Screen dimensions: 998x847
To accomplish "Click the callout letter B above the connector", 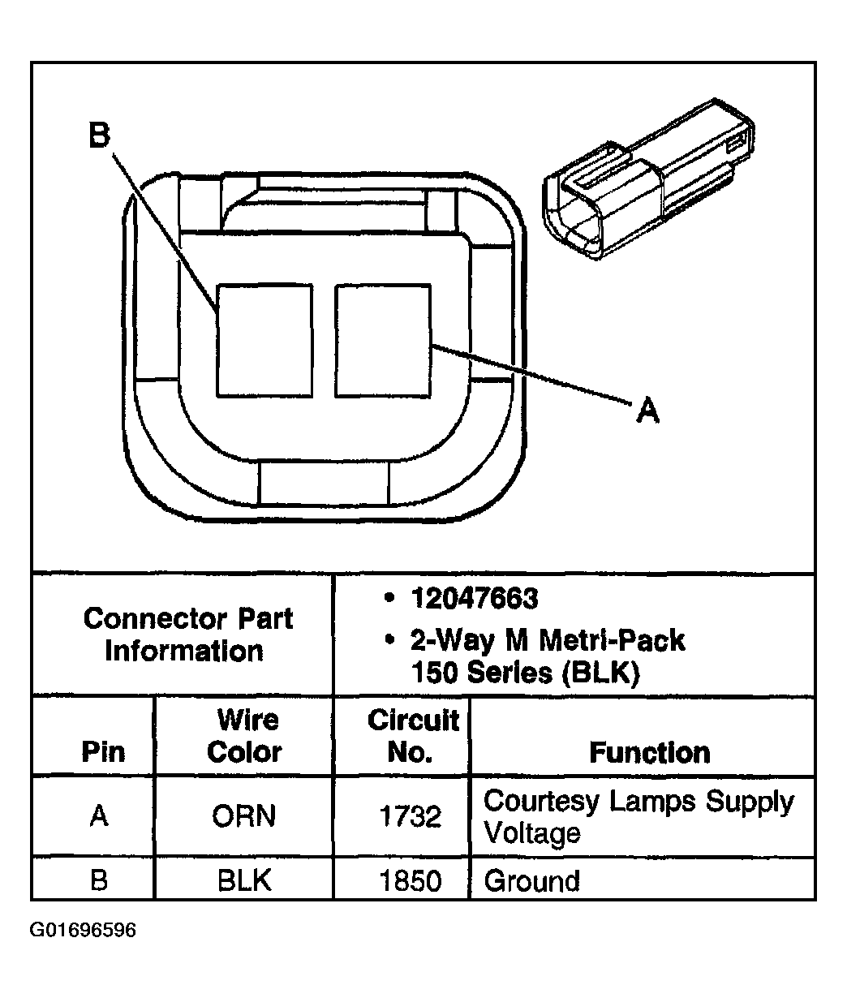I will coord(98,136).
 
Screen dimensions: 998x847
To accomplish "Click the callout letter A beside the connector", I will coord(647,411).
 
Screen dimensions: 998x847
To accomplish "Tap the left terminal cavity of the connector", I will coord(264,340).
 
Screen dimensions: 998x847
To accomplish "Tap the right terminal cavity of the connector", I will coord(383,340).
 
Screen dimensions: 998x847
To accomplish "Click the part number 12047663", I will coord(474,599).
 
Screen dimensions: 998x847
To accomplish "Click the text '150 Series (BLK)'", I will coord(525,673).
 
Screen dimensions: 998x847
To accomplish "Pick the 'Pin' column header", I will coord(103,751).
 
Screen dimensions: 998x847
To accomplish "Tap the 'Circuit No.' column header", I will coord(413,735).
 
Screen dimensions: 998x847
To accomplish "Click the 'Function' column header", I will coord(649,752).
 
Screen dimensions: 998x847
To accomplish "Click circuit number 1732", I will coord(411,816).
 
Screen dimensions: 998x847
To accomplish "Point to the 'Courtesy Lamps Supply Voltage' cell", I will coord(638,816).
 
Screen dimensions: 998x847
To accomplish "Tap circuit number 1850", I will coord(411,880).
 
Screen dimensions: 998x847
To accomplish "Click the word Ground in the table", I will coord(531,880).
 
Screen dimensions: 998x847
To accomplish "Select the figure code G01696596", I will coord(83,930).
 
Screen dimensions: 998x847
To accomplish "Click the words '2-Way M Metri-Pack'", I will coord(548,640).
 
